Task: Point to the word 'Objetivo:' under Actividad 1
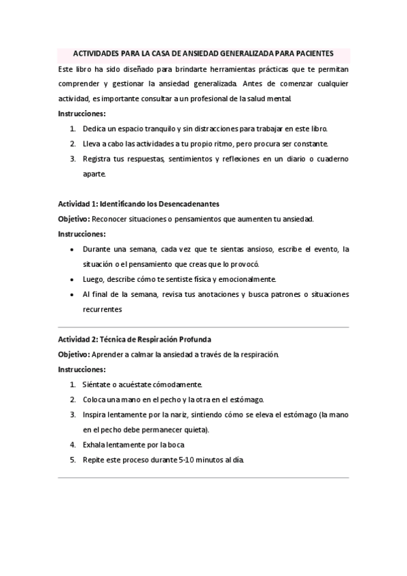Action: (x=73, y=219)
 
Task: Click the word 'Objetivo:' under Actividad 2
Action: (x=73, y=354)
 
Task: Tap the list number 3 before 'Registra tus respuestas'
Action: (x=73, y=159)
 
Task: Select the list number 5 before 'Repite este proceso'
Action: (x=73, y=460)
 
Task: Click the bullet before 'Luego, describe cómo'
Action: (x=73, y=279)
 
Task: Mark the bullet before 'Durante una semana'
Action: (x=73, y=249)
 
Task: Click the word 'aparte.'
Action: (x=94, y=174)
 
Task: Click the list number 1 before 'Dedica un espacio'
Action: (x=73, y=128)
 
